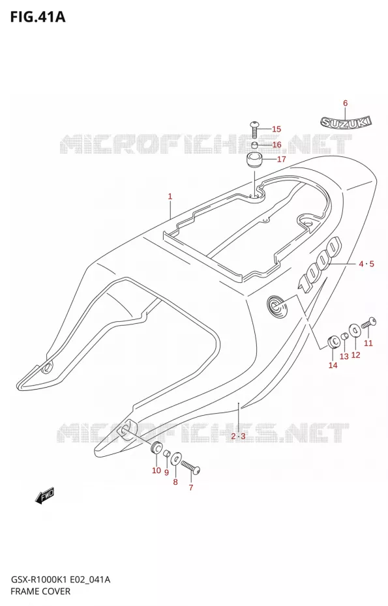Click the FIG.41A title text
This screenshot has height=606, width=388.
click(x=38, y=17)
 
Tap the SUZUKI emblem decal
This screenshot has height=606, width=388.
click(x=346, y=123)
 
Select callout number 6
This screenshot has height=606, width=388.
click(x=346, y=103)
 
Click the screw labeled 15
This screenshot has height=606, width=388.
click(x=254, y=130)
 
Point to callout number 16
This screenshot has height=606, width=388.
click(x=276, y=145)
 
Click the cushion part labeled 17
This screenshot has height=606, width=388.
click(x=254, y=159)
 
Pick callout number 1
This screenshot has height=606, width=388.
click(x=170, y=196)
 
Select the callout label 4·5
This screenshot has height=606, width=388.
click(x=366, y=264)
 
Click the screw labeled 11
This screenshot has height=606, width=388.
click(x=368, y=324)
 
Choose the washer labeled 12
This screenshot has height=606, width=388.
click(x=354, y=330)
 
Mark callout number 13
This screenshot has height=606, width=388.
click(x=344, y=356)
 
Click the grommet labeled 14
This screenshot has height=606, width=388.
click(x=333, y=342)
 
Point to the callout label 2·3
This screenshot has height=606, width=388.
click(x=238, y=437)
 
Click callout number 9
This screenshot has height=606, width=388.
click(x=166, y=472)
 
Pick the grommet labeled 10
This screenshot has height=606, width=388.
click(x=157, y=447)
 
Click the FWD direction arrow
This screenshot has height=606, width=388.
click(x=44, y=495)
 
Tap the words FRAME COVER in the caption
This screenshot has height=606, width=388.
click(x=40, y=591)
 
